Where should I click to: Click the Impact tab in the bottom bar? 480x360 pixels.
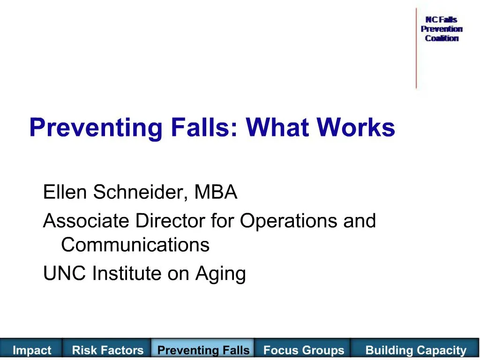pyautogui.click(x=32, y=350)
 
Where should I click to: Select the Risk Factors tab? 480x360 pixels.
pyautogui.click(x=108, y=350)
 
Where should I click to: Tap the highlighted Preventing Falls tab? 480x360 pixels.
pyautogui.click(x=203, y=350)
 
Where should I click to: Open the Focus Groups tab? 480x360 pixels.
pyautogui.click(x=304, y=350)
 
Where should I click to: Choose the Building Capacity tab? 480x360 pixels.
pyautogui.click(x=416, y=350)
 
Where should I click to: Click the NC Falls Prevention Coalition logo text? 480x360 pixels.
pyautogui.click(x=442, y=29)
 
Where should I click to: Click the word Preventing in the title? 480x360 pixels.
pyautogui.click(x=96, y=127)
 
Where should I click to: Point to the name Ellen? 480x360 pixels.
pyautogui.click(x=66, y=192)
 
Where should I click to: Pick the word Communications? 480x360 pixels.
pyautogui.click(x=135, y=245)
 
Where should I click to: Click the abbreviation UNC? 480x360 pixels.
pyautogui.click(x=65, y=273)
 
